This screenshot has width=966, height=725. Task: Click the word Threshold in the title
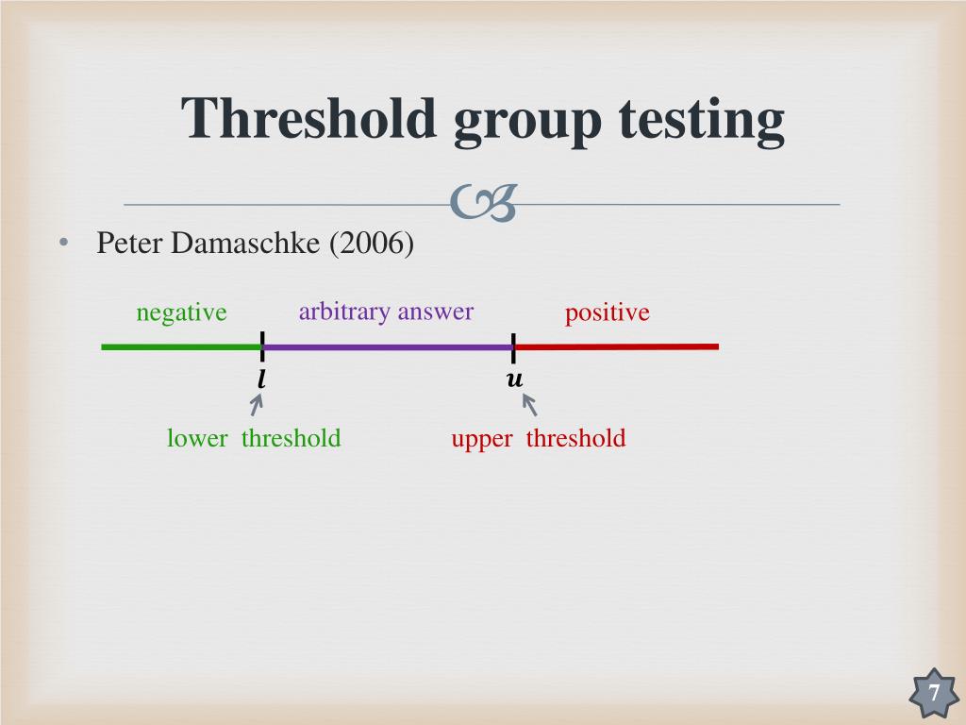click(x=309, y=119)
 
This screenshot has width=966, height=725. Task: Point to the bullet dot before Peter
click(x=62, y=244)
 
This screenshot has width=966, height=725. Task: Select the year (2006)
click(x=372, y=244)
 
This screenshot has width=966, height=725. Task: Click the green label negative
click(x=181, y=312)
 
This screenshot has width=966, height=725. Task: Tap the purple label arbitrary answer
click(x=386, y=312)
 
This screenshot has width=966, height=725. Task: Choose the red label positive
click(x=607, y=312)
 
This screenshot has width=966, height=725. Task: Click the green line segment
click(x=179, y=347)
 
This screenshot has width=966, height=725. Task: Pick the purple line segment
click(x=387, y=347)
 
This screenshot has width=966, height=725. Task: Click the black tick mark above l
click(x=261, y=346)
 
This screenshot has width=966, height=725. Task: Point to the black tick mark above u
click(x=514, y=346)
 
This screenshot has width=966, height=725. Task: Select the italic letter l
click(x=261, y=380)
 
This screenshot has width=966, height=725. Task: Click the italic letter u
click(x=514, y=380)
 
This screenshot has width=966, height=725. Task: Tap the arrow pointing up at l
click(x=256, y=404)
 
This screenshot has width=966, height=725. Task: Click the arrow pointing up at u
click(x=529, y=404)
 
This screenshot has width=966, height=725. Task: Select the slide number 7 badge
click(x=933, y=694)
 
